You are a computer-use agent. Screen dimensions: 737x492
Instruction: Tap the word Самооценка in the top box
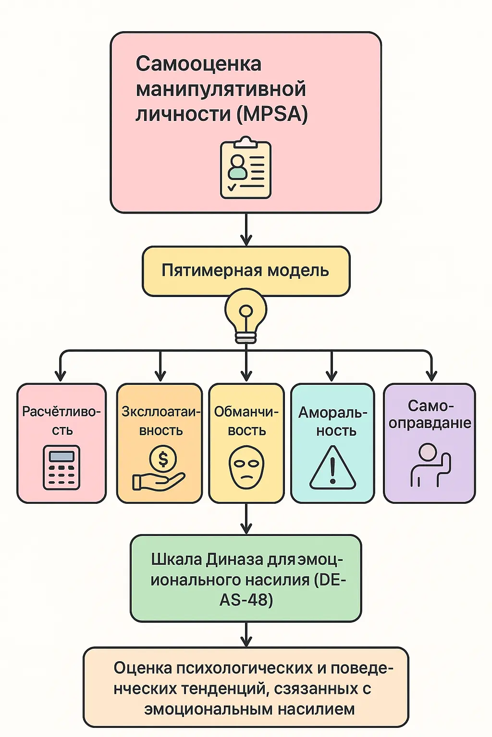point(198,64)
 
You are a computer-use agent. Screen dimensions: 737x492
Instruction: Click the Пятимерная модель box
point(246,271)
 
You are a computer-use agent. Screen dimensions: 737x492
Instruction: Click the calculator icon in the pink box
point(61,467)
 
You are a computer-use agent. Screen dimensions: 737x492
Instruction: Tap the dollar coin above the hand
point(163,459)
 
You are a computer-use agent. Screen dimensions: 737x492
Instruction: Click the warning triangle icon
point(332,468)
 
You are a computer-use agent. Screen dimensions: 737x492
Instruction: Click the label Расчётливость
point(61,420)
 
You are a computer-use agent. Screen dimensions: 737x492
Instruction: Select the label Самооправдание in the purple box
point(430,415)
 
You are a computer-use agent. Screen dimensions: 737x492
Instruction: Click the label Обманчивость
point(246,420)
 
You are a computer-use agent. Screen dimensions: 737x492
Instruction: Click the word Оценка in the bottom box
point(143,667)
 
